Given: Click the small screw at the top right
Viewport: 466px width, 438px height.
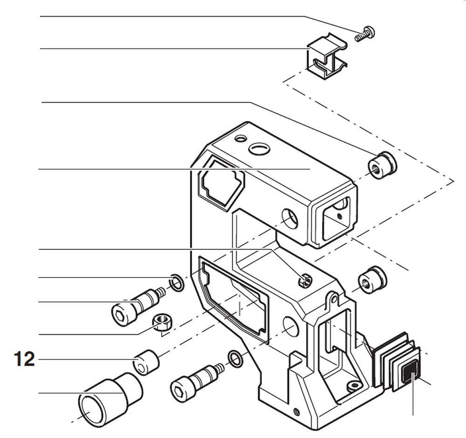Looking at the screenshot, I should click(x=365, y=34).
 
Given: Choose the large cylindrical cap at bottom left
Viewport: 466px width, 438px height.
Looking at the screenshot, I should click(x=110, y=400).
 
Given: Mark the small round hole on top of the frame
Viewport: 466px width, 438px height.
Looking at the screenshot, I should click(x=240, y=139).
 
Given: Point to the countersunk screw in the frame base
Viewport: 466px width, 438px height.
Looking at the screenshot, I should click(x=354, y=386).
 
